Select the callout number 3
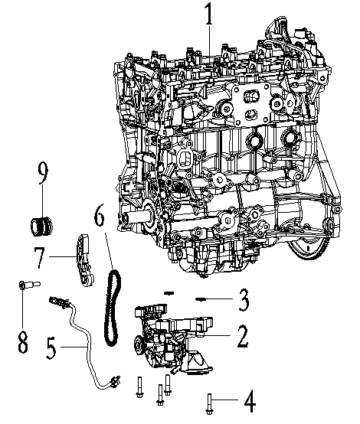242,298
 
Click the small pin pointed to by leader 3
203,298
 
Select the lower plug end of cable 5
117,378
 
